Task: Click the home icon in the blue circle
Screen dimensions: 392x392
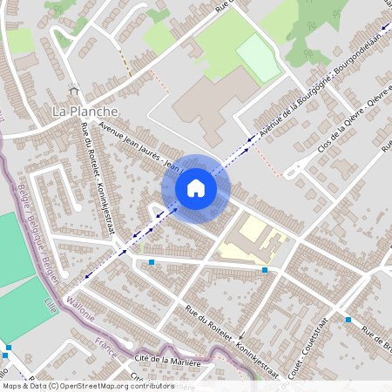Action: [195, 187]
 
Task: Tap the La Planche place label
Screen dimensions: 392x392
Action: [85, 111]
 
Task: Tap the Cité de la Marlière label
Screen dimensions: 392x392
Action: [167, 362]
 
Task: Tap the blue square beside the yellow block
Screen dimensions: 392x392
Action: [265, 270]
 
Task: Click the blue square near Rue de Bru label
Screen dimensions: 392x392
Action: [348, 320]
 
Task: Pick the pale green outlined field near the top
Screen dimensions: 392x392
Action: [259, 57]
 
